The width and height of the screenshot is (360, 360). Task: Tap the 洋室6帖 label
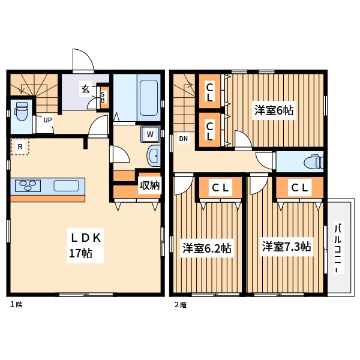[x=274, y=110]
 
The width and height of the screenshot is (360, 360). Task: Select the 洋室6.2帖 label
[x=207, y=248]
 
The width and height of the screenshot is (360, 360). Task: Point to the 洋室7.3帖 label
[x=286, y=246]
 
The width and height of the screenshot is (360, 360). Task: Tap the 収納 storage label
[x=149, y=185]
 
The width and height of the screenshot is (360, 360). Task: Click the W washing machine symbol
[x=150, y=133]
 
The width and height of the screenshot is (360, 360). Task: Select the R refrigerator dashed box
[x=20, y=146]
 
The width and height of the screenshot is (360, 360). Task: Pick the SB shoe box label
[x=103, y=96]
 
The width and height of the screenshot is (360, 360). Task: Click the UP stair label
[x=47, y=120]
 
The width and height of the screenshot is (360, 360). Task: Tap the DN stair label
[x=184, y=140]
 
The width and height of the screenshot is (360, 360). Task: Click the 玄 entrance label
[x=85, y=89]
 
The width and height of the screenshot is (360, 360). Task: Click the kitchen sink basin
[x=66, y=185]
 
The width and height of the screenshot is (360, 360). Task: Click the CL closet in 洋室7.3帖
[x=299, y=188]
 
